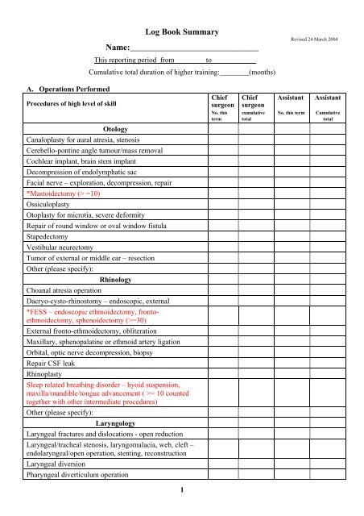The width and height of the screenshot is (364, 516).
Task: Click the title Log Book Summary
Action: point(181,31)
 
